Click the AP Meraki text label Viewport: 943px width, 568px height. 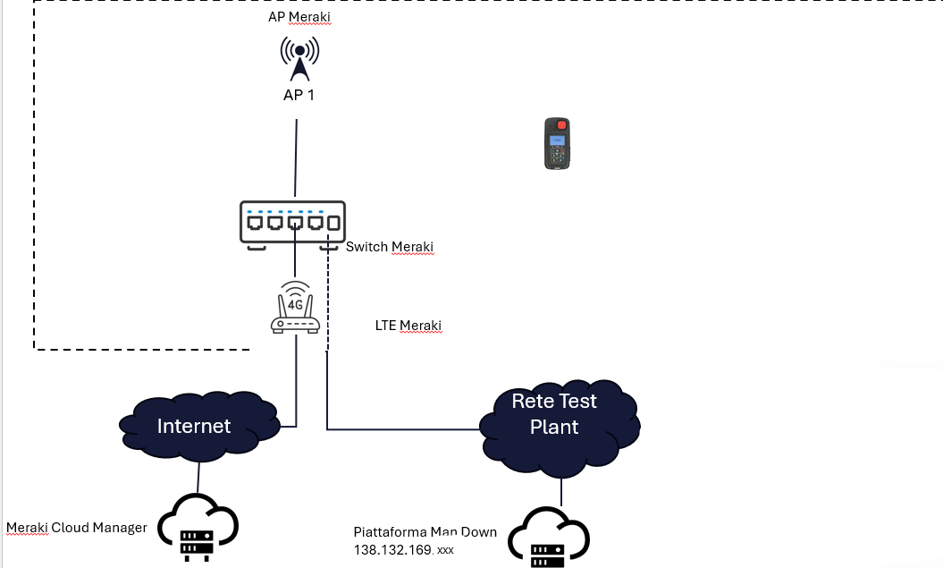point(299,18)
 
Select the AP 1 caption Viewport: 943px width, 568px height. point(299,95)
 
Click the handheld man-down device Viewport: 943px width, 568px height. point(558,143)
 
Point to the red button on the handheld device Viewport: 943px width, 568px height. point(558,125)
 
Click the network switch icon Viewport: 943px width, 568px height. point(292,222)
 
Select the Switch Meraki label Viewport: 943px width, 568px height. point(390,247)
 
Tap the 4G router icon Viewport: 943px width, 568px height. point(295,309)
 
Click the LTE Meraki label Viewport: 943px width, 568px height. point(408,326)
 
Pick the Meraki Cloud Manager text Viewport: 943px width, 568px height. point(77,528)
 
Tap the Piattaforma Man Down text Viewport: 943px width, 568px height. point(425,532)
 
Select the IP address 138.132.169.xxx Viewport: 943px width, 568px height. point(404,549)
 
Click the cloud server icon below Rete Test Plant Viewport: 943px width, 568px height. point(548,538)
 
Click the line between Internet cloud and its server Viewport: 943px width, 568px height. point(198,474)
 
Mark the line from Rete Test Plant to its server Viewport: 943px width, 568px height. point(560,490)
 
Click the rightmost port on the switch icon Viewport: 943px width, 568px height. point(333,223)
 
